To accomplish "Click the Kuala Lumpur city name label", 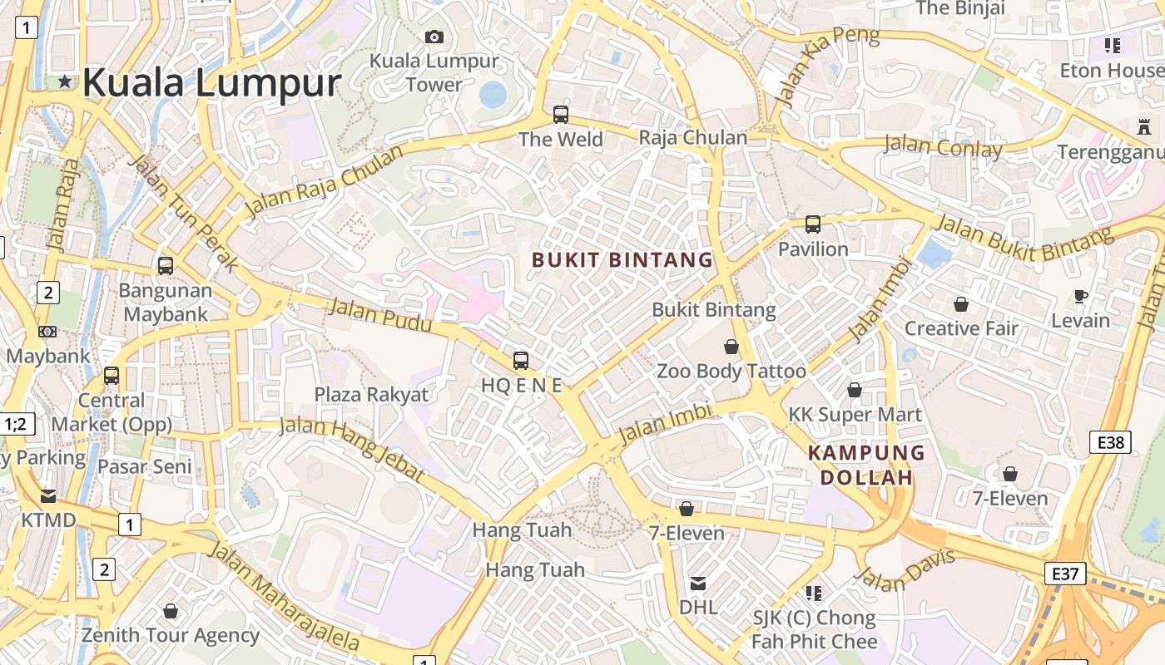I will click(x=211, y=83).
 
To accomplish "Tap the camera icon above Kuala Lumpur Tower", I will click(x=434, y=37).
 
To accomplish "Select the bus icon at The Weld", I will click(x=561, y=115).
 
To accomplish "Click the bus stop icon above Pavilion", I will click(x=812, y=224).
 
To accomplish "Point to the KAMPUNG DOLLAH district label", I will click(x=866, y=465).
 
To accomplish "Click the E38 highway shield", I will click(x=1110, y=442).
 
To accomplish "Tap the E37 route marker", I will click(x=1065, y=573).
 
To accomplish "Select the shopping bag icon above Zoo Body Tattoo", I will click(x=731, y=347).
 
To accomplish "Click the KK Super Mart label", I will click(x=855, y=414).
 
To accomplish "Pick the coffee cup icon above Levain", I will click(x=1080, y=296).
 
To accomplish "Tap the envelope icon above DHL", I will click(x=698, y=584).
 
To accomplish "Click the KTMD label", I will click(x=48, y=520).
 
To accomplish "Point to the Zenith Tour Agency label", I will click(x=171, y=635).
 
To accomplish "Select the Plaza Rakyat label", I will click(x=371, y=394).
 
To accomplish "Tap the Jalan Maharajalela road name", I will click(x=283, y=597).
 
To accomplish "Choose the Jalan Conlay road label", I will click(x=942, y=147).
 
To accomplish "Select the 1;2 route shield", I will click(x=15, y=425).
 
